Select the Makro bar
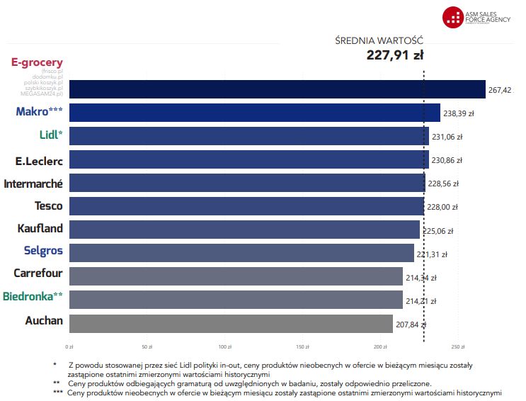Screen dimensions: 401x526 click(x=255, y=113)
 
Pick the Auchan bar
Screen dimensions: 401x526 click(x=231, y=323)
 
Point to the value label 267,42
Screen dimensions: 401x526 click(x=500, y=90)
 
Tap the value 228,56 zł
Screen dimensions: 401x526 click(x=443, y=183)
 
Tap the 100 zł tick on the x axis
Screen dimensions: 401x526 click(x=225, y=347)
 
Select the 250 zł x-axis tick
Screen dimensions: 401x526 click(x=457, y=347)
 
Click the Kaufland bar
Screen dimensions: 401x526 click(x=244, y=230)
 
